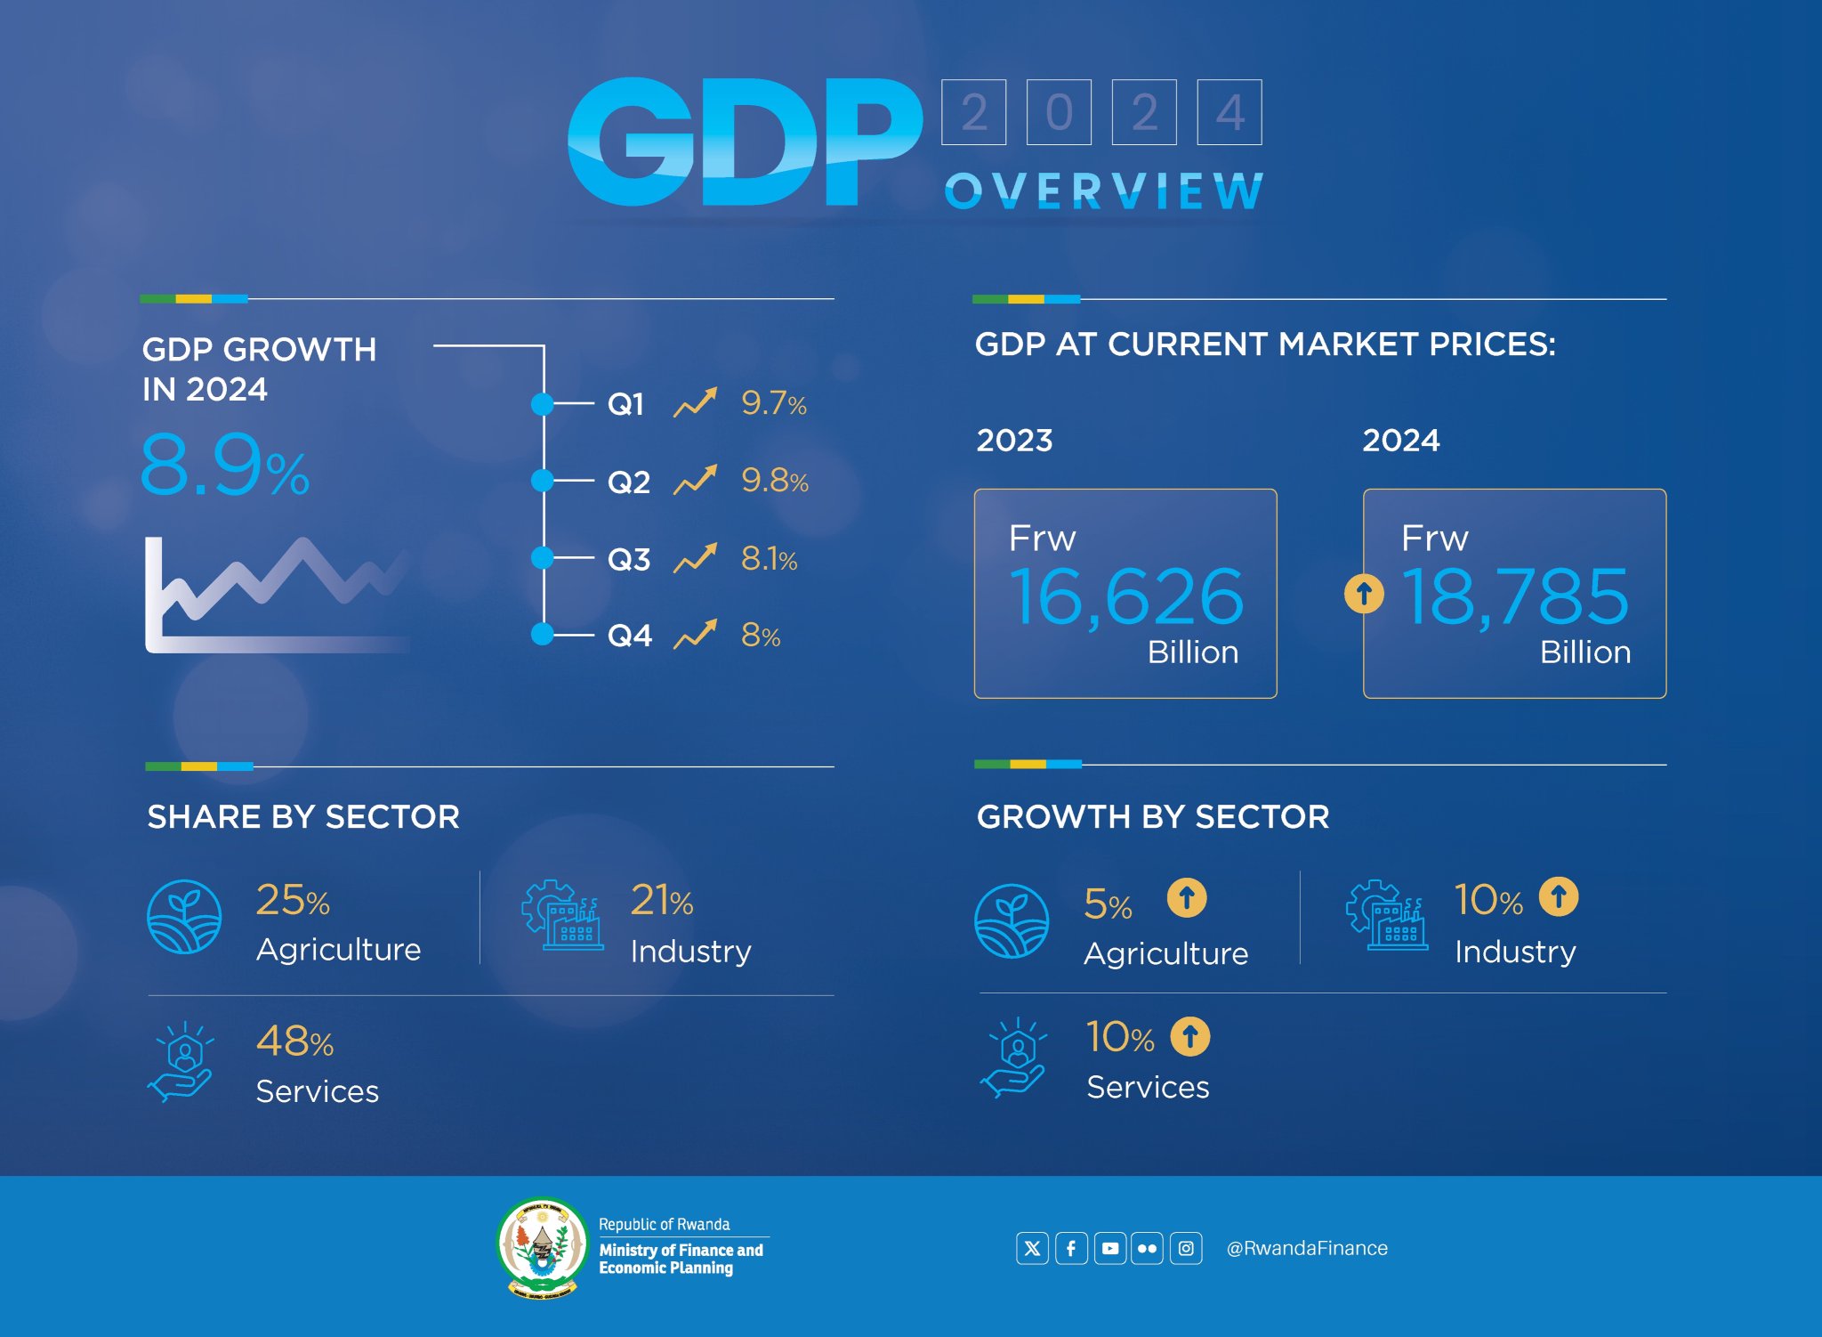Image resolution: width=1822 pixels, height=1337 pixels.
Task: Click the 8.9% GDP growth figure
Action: pyautogui.click(x=224, y=465)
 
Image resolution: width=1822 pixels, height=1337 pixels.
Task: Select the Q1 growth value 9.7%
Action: pyautogui.click(x=773, y=403)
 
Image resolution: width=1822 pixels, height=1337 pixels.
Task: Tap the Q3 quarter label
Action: pyautogui.click(x=628, y=559)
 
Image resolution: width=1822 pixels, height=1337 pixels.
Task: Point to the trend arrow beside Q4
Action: pyautogui.click(x=695, y=635)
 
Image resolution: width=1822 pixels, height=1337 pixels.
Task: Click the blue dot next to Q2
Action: pyautogui.click(x=542, y=481)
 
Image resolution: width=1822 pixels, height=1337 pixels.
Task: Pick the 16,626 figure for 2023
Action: pyautogui.click(x=1125, y=596)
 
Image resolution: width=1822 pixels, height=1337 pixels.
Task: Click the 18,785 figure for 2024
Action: pyautogui.click(x=1515, y=596)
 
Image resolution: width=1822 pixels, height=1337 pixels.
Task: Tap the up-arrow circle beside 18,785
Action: pyautogui.click(x=1364, y=593)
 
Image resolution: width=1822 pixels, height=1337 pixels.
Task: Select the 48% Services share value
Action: pyautogui.click(x=294, y=1041)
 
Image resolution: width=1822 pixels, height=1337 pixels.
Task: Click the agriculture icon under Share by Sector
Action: pyautogui.click(x=184, y=917)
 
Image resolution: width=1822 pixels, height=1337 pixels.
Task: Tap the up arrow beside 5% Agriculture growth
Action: pyautogui.click(x=1187, y=897)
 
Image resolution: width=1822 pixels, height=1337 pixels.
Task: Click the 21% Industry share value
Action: pyautogui.click(x=661, y=900)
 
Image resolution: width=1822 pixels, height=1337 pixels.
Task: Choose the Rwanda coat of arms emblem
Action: pyautogui.click(x=542, y=1247)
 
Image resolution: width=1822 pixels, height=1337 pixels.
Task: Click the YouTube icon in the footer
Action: pyautogui.click(x=1109, y=1248)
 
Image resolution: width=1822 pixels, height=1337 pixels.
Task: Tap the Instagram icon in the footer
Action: pyautogui.click(x=1186, y=1248)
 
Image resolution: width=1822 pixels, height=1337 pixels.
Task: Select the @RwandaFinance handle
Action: pyautogui.click(x=1306, y=1248)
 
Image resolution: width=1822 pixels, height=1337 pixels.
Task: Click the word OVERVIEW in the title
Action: pyautogui.click(x=1103, y=190)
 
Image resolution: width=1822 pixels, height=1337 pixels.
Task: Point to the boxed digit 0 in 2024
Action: pyautogui.click(x=1059, y=112)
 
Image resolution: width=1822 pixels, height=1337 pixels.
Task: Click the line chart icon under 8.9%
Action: pyautogui.click(x=276, y=594)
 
